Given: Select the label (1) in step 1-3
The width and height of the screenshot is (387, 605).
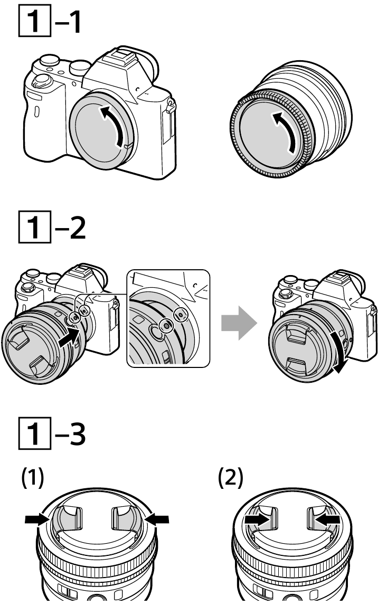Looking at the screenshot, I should point(32,478).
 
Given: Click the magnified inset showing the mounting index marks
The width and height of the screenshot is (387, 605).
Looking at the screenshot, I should point(168,317).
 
